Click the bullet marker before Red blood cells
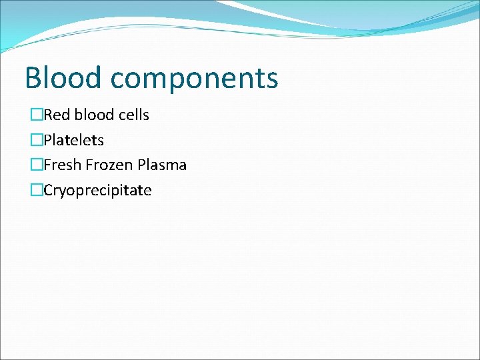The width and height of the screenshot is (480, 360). [37, 115]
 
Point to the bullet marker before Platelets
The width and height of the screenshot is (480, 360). [37, 141]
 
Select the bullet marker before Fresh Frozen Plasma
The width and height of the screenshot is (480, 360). [37, 165]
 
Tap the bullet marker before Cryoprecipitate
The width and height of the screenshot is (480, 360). [37, 191]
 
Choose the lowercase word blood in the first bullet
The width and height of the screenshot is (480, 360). [95, 115]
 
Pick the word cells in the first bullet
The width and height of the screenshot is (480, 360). [134, 115]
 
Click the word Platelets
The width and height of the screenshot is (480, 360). [74, 141]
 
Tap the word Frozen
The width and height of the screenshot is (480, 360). [108, 165]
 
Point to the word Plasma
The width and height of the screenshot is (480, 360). [162, 165]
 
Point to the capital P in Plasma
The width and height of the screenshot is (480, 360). [141, 165]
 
